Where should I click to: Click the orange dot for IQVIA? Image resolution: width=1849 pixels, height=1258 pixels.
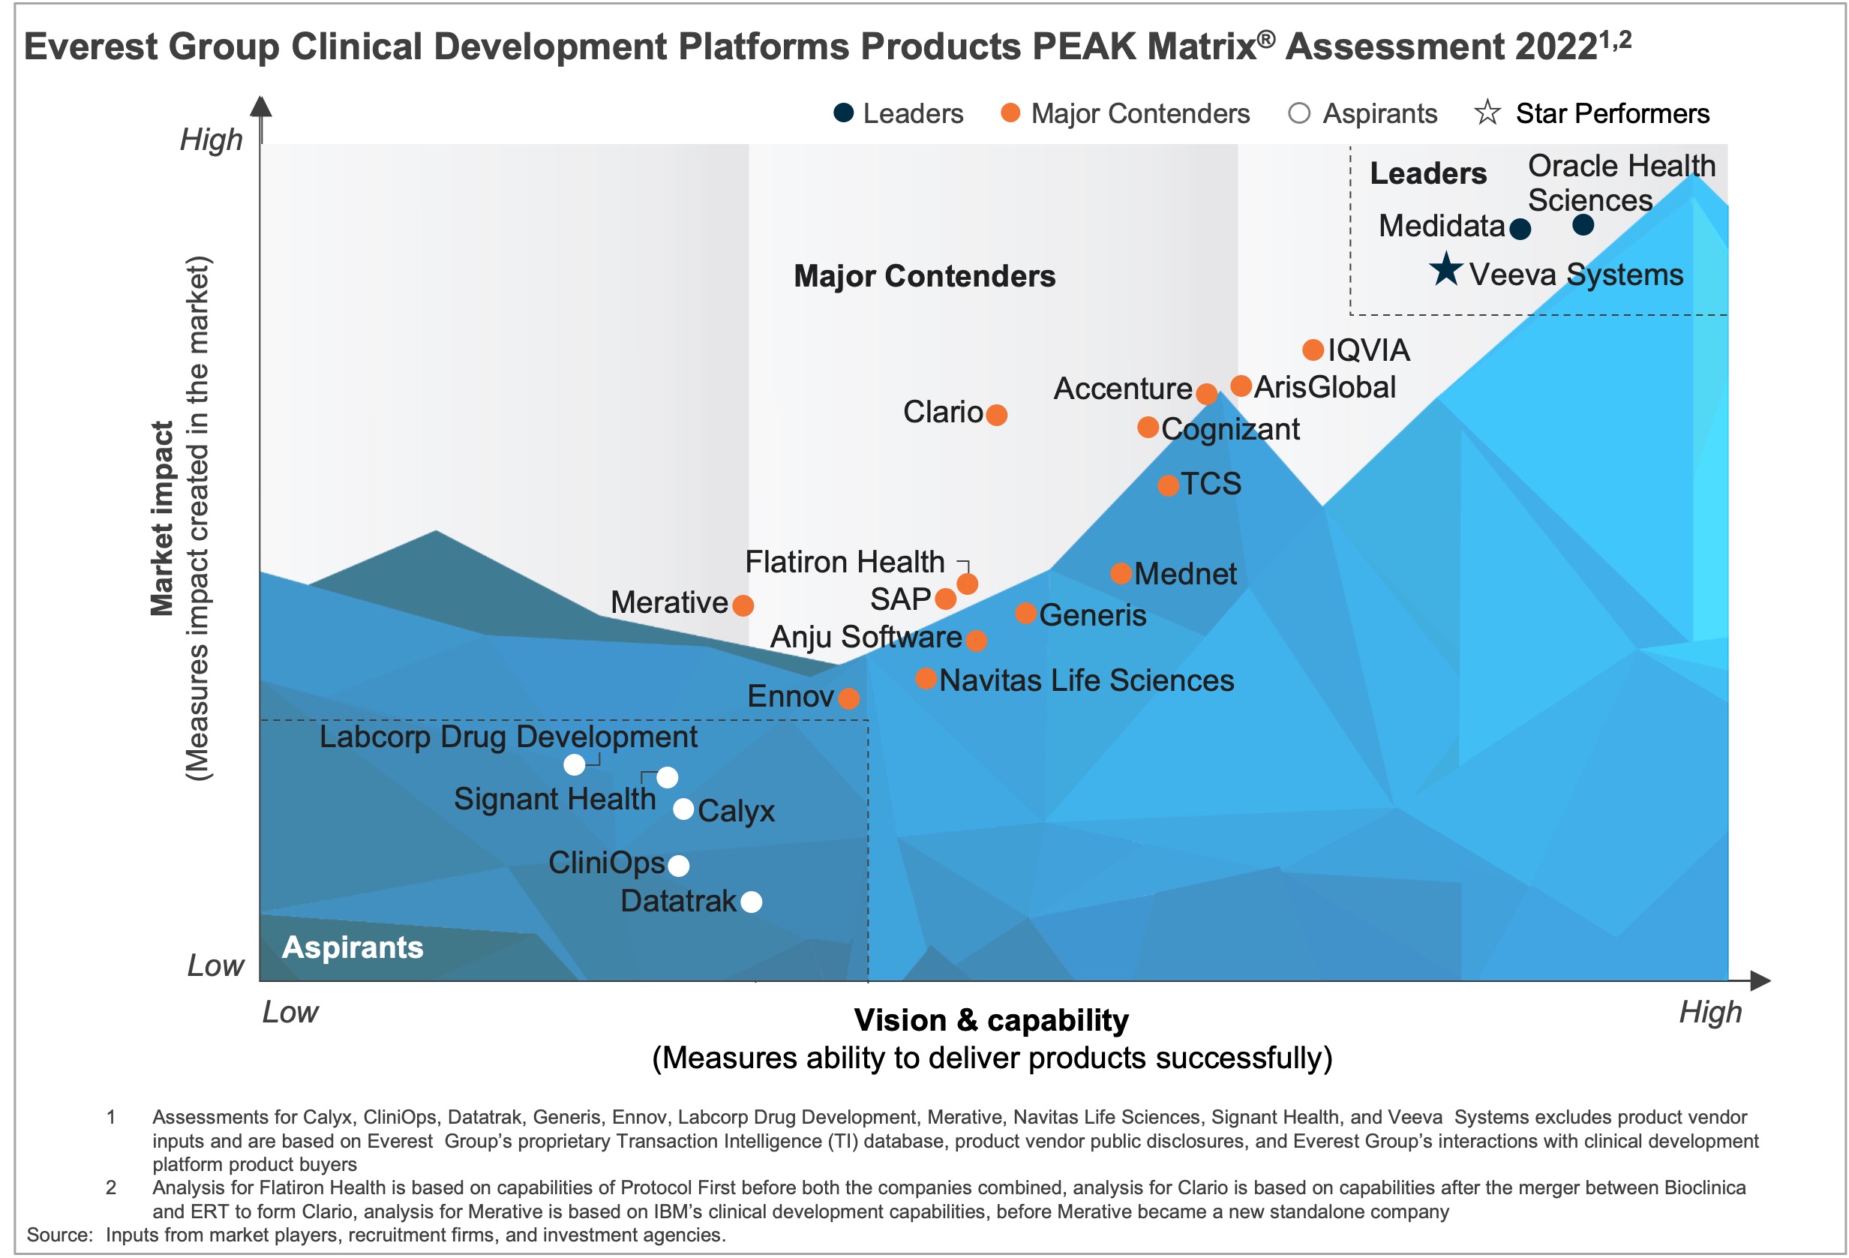[1313, 350]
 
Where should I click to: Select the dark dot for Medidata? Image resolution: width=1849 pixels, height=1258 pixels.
[1520, 229]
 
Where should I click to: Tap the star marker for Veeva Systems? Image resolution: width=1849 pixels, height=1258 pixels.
[1445, 270]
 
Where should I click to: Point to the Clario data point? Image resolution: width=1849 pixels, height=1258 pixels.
[996, 415]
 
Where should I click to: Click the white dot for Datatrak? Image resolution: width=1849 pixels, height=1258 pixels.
[751, 902]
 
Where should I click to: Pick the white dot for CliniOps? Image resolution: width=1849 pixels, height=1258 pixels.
[678, 866]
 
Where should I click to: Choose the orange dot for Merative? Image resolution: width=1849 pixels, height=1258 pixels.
[743, 605]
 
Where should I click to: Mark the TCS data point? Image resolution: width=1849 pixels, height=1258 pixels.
[1168, 485]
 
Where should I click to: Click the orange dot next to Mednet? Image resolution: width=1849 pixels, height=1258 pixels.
[1120, 573]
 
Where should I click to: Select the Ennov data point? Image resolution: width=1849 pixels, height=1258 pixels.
[849, 698]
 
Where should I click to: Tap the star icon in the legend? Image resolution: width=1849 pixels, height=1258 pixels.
[1487, 113]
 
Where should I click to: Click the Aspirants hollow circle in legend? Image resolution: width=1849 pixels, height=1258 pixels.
[1298, 113]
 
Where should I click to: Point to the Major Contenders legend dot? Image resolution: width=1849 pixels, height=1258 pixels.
[1010, 113]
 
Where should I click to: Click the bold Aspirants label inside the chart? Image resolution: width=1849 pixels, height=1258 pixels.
[353, 947]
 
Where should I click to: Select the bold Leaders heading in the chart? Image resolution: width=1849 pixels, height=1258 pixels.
[1428, 173]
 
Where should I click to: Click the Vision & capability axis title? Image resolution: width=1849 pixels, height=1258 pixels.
[992, 1020]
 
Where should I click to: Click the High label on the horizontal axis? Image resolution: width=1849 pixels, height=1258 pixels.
[1709, 1011]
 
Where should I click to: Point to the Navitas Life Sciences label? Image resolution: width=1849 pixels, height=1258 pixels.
[1086, 680]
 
